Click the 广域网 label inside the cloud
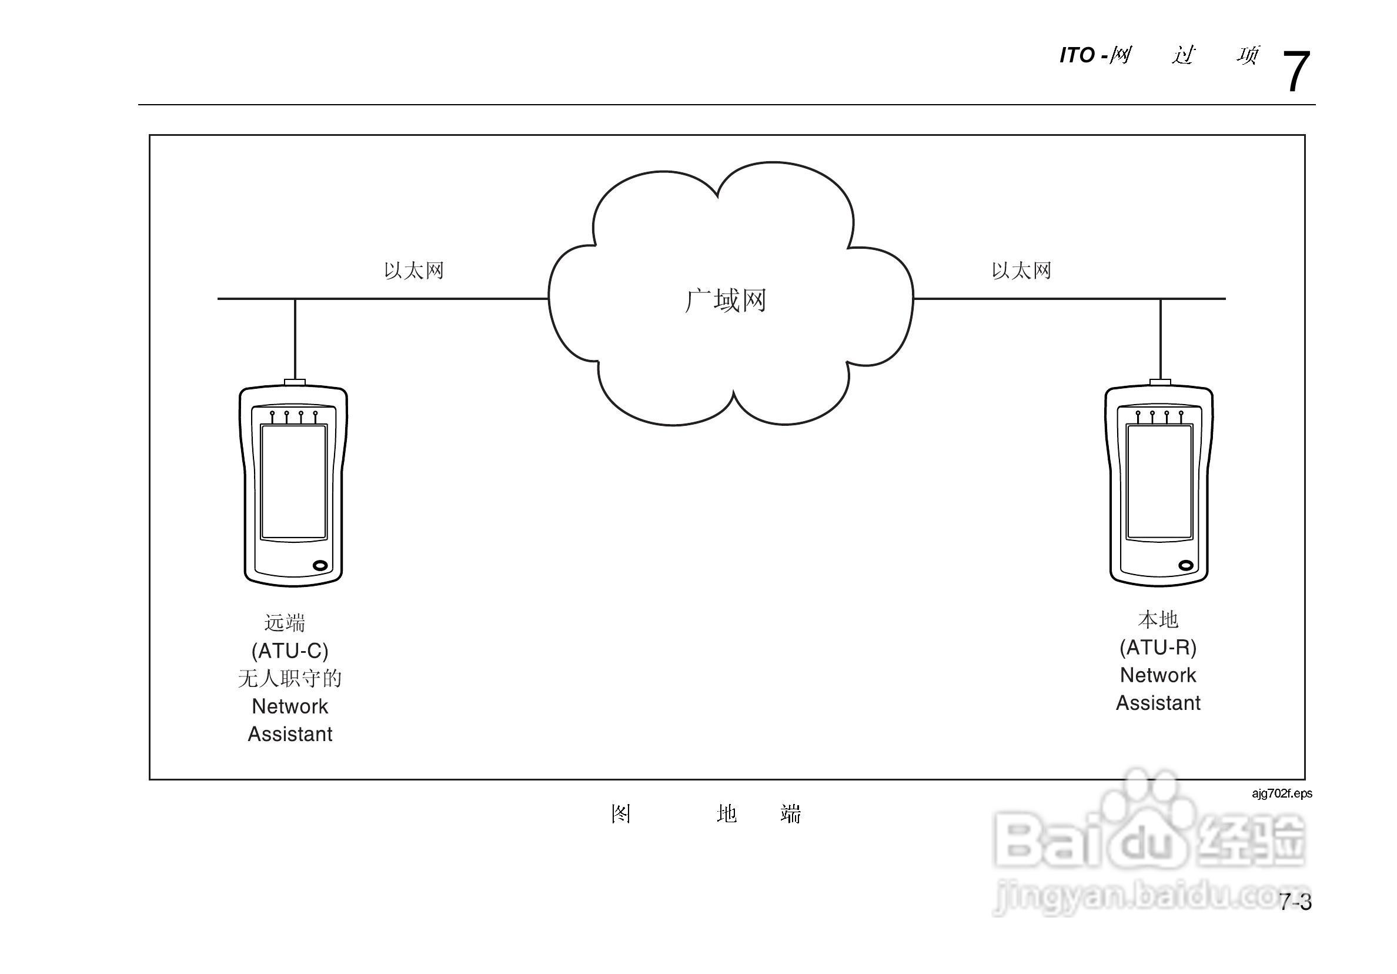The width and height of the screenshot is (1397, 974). coord(726,301)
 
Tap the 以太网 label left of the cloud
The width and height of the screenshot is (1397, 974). coord(414,271)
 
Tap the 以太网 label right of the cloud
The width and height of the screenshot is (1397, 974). coord(1022,271)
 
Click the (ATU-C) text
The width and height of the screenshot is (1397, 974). coord(290,651)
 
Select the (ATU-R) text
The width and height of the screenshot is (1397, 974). coord(1158,647)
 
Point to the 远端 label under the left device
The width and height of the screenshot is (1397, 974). coord(285,623)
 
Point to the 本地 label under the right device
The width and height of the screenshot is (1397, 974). coord(1158,620)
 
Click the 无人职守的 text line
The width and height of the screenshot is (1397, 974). coord(290,678)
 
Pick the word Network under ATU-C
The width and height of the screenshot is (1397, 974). coord(290,706)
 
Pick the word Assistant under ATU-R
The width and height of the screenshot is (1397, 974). coord(1158,703)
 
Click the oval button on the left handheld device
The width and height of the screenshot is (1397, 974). coord(320,566)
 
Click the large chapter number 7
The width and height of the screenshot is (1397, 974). coord(1295,72)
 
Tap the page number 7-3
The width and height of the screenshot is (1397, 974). coord(1295,902)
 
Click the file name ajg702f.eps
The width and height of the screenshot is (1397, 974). coord(1282,793)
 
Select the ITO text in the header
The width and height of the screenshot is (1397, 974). coord(1077,55)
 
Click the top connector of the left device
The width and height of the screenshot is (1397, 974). coord(295,382)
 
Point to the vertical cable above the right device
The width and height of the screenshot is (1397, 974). coord(1160,338)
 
